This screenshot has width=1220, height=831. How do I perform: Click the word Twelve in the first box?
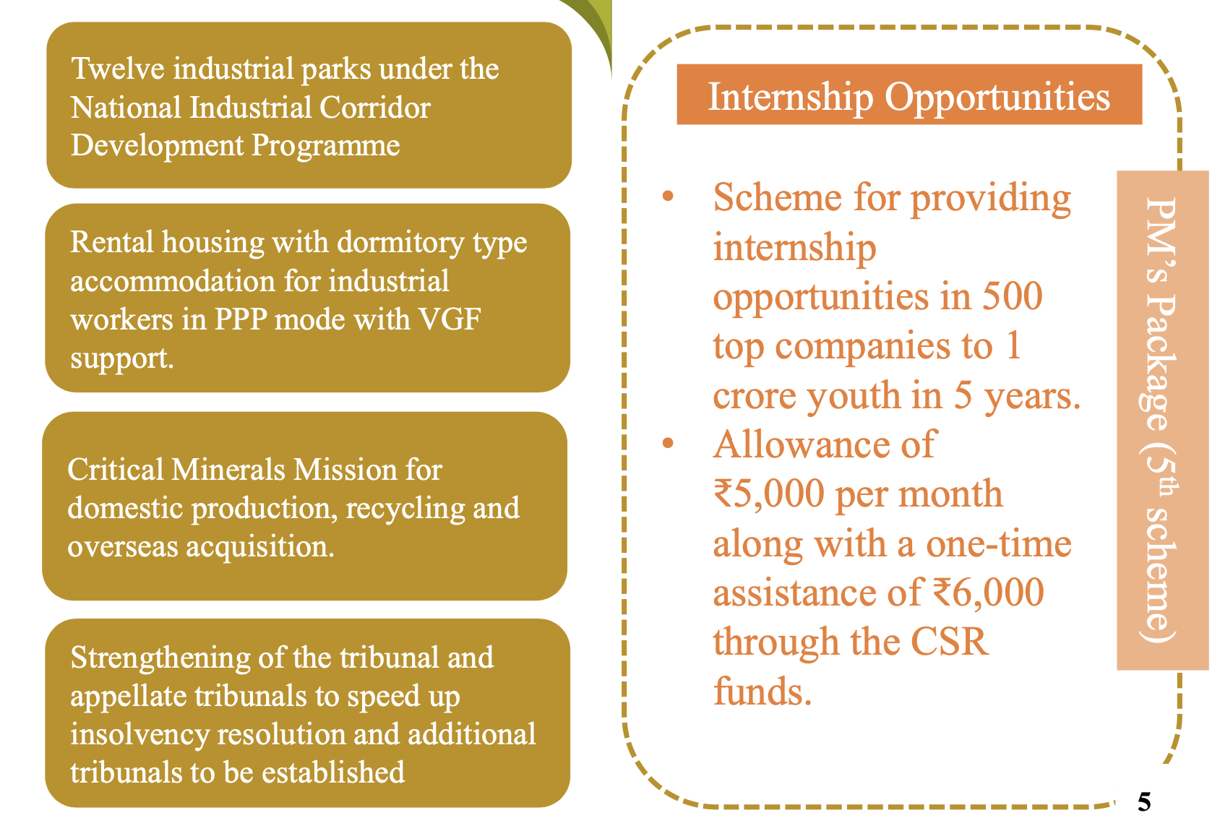[118, 69]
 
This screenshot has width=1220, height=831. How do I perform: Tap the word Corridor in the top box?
[375, 107]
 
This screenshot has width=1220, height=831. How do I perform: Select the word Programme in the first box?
[326, 147]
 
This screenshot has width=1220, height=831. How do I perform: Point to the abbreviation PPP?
[241, 319]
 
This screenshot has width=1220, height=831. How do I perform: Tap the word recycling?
[405, 509]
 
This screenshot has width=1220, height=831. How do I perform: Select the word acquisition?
[259, 547]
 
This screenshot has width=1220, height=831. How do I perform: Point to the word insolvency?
[139, 735]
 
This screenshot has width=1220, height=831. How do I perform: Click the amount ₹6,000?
[989, 593]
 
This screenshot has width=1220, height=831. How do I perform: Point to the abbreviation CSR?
[949, 642]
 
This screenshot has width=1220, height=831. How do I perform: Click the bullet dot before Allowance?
[668, 443]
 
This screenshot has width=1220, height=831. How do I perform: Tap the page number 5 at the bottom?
[1144, 802]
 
